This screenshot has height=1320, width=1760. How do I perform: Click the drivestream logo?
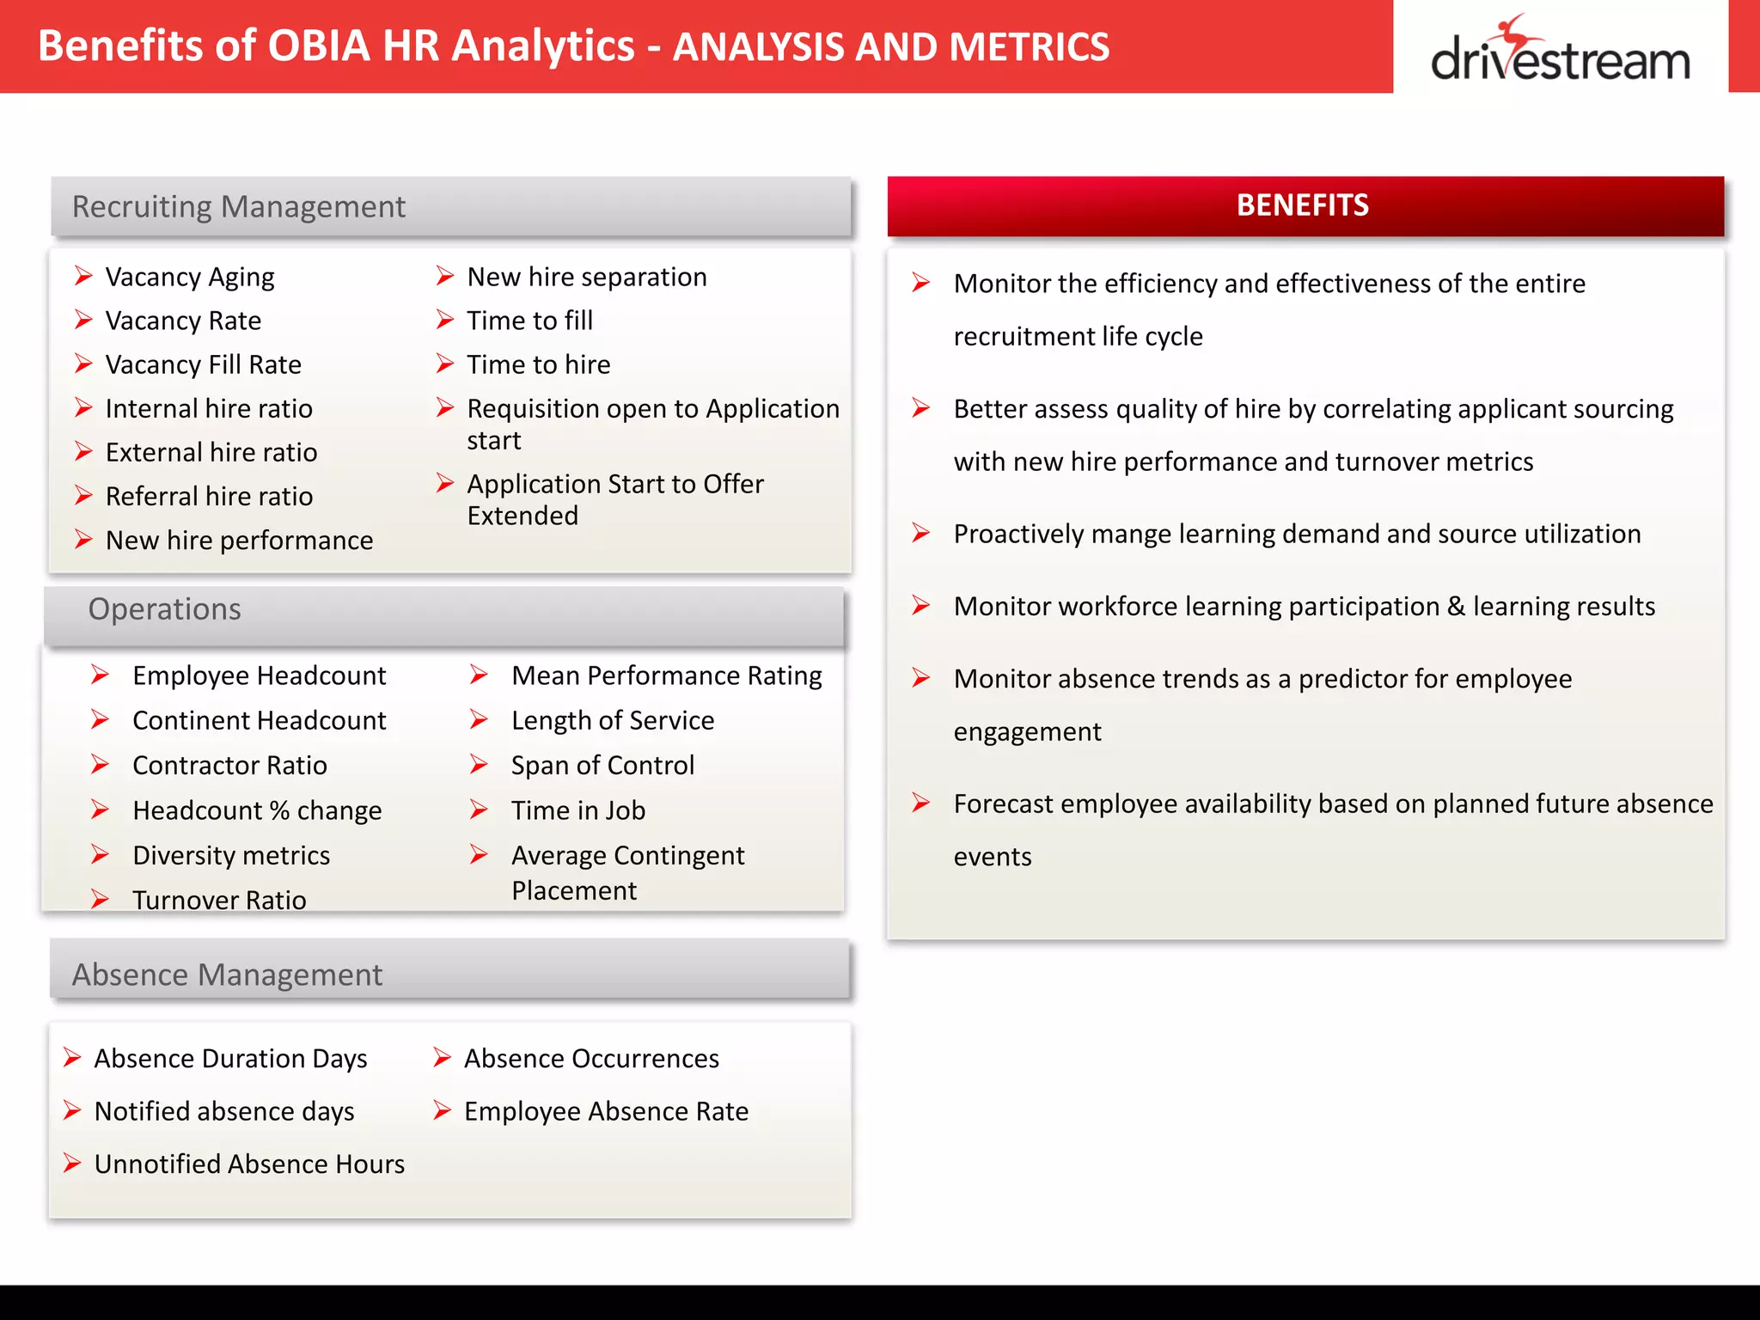(1560, 52)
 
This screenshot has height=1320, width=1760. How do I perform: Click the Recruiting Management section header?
(238, 207)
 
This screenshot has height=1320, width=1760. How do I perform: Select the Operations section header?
(164, 609)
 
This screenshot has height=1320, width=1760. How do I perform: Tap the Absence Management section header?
(227, 975)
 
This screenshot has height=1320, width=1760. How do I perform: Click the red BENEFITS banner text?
(1302, 205)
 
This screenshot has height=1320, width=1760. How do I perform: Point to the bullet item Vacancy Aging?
(189, 278)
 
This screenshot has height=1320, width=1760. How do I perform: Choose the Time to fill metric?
(529, 321)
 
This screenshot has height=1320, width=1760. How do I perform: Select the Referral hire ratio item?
(209, 497)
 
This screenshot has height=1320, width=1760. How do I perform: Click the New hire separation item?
(586, 278)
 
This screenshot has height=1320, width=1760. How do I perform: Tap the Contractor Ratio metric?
(229, 766)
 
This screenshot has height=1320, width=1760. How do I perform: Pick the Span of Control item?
(602, 766)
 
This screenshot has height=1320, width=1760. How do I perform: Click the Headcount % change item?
(257, 810)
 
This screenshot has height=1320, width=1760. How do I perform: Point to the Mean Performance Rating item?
(666, 676)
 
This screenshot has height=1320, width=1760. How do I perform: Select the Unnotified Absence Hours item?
(249, 1164)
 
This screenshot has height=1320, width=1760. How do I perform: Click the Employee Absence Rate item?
(606, 1112)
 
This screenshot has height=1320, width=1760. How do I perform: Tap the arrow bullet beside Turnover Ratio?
(100, 900)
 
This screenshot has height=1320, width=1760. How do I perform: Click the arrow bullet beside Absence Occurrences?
(443, 1058)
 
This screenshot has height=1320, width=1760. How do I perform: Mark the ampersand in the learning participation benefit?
(1456, 607)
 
